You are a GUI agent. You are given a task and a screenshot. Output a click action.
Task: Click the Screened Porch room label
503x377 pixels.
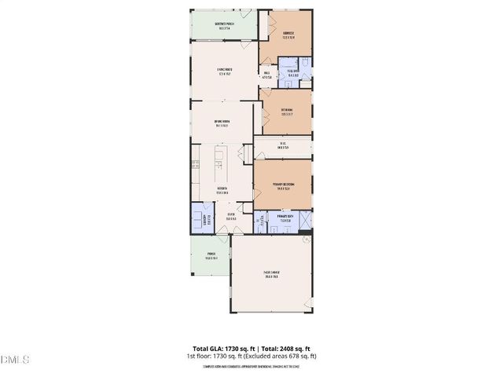click(224, 25)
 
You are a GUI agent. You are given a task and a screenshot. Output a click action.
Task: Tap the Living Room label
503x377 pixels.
click(228, 73)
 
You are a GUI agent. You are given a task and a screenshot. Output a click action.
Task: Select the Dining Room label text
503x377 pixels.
click(222, 123)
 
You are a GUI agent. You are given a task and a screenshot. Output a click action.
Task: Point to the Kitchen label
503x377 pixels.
click(222, 191)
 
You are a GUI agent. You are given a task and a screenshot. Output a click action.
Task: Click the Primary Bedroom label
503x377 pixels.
click(283, 186)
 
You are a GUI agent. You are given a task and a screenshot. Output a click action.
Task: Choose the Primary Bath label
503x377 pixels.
click(285, 219)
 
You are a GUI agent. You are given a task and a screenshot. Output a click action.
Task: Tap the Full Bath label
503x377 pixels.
click(292, 70)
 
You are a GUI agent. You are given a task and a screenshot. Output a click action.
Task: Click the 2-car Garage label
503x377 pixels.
click(273, 275)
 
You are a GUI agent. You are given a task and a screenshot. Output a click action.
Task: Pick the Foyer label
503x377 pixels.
click(231, 217)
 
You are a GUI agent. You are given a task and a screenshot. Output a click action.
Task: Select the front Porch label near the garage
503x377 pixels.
click(211, 255)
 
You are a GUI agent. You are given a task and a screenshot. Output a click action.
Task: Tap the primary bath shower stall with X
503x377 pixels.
click(303, 219)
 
